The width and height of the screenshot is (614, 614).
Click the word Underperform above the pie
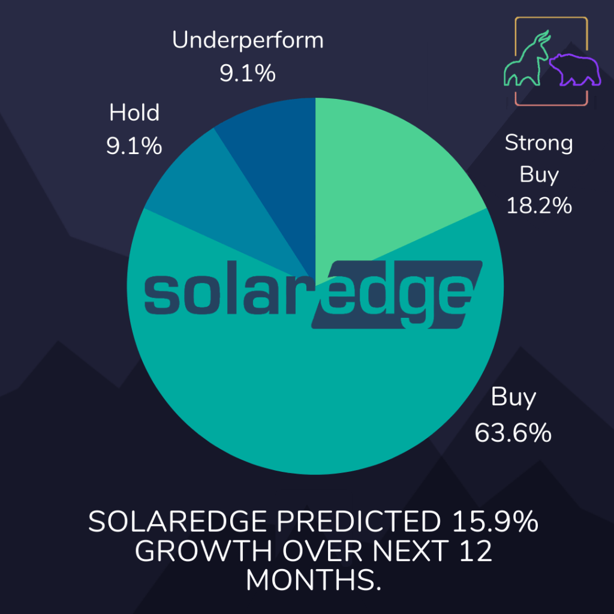pos(248,41)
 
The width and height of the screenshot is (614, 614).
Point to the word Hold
pos(134,112)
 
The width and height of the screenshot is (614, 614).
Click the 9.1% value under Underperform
pos(248,73)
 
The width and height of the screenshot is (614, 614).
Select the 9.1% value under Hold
pos(134,146)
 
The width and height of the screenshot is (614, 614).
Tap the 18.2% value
pos(539,206)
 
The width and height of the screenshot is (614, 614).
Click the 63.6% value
pos(513,433)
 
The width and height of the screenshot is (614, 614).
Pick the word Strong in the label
pos(539,143)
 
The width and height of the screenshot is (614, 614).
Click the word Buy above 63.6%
pos(513,398)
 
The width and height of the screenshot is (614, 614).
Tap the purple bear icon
pos(575,70)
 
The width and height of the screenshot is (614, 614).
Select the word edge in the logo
pos(396,294)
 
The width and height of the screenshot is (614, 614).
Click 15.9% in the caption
pos(495,522)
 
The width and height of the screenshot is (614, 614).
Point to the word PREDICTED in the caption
pos(359,522)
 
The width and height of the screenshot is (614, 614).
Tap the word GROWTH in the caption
pos(204,551)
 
